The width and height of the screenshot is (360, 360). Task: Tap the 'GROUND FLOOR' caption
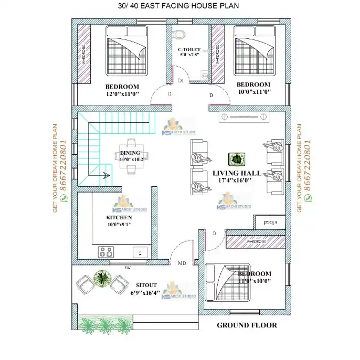(246, 325)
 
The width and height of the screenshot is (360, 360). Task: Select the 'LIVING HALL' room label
(237, 173)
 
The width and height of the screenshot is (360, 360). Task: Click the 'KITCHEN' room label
(119, 218)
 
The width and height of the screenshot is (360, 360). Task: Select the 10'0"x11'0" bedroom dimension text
(253, 92)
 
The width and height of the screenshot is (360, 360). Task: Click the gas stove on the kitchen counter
(105, 251)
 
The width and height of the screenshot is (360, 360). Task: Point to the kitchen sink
(141, 251)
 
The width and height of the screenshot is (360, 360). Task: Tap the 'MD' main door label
(181, 263)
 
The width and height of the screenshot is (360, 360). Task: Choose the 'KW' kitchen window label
(128, 267)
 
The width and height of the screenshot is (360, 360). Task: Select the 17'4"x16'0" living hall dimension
(237, 181)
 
